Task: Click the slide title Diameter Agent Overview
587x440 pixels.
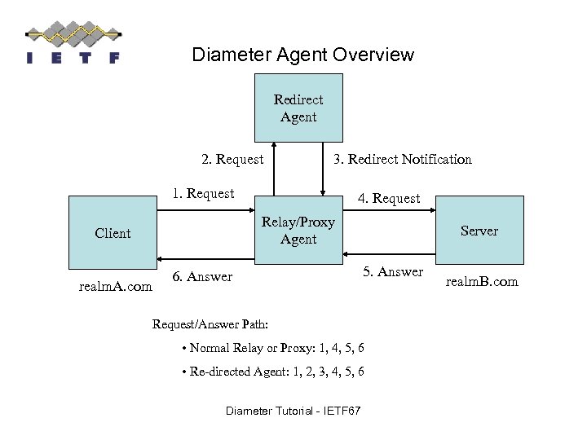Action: tap(302, 55)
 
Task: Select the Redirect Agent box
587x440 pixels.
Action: tap(298, 108)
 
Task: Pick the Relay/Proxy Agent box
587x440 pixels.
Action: tap(298, 231)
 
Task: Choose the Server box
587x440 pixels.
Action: tap(479, 231)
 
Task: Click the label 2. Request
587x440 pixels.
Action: tap(232, 160)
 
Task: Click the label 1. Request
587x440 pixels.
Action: tap(202, 194)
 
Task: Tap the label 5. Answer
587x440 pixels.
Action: tap(393, 272)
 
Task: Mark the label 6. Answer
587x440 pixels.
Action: tap(202, 278)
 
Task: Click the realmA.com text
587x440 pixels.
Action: tap(115, 287)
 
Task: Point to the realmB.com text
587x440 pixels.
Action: tap(482, 282)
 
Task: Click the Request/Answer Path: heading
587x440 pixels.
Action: tap(203, 324)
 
